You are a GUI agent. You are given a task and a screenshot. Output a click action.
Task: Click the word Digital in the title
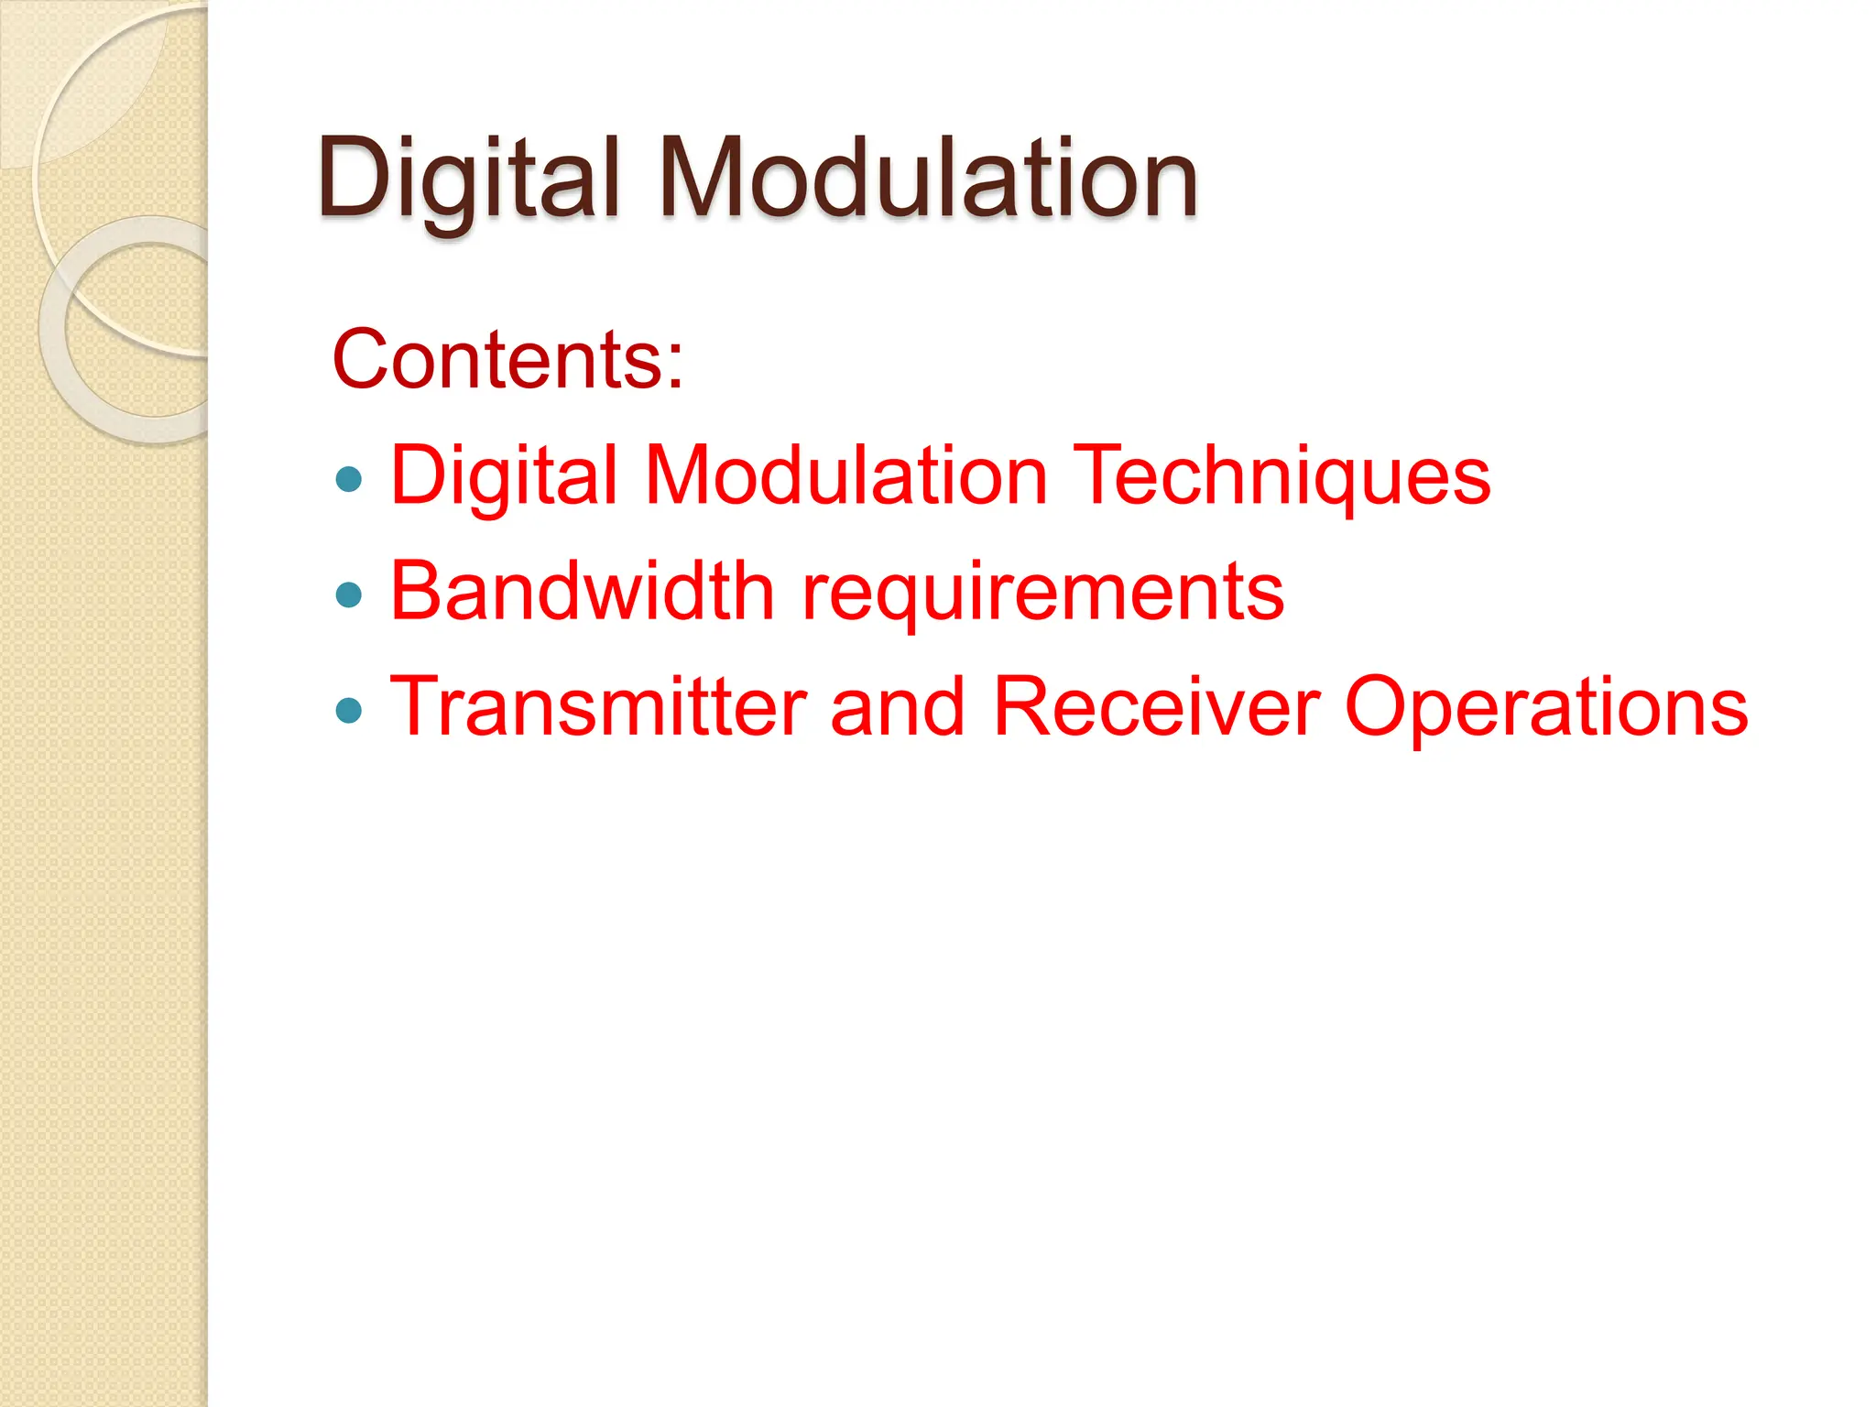tap(469, 179)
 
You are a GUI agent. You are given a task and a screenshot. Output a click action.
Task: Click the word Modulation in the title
tap(927, 179)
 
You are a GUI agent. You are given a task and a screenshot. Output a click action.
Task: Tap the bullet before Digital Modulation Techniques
tap(349, 478)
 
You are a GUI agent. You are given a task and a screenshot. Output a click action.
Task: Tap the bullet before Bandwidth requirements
tap(349, 595)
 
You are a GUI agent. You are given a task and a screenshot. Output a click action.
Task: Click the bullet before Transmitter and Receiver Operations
tap(349, 710)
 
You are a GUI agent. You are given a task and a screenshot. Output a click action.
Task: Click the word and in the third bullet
tap(898, 706)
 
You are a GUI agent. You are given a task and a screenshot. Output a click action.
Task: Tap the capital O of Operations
tap(1379, 706)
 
